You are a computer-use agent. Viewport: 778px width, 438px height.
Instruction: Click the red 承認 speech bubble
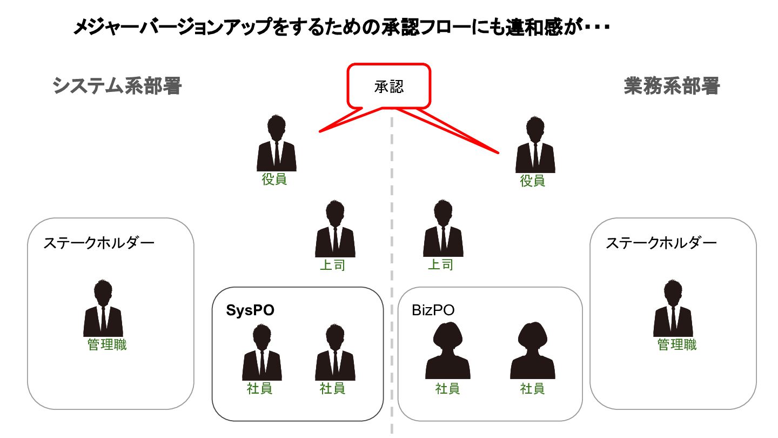(x=388, y=86)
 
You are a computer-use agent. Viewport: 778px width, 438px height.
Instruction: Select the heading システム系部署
(x=117, y=86)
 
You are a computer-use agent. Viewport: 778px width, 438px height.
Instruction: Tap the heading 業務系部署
(x=672, y=86)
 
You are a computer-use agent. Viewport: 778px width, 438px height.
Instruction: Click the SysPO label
(x=250, y=310)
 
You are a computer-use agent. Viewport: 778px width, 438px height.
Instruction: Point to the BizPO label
(x=433, y=310)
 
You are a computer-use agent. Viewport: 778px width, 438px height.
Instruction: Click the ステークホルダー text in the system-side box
(x=99, y=243)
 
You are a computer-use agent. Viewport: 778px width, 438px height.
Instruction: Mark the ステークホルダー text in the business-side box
(x=661, y=243)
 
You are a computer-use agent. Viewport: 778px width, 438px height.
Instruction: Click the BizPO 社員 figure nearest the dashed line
(x=447, y=351)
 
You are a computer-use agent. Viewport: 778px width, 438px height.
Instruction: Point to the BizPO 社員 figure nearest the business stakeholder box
(x=533, y=351)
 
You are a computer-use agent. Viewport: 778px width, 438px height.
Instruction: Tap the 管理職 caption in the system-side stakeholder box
(x=107, y=345)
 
